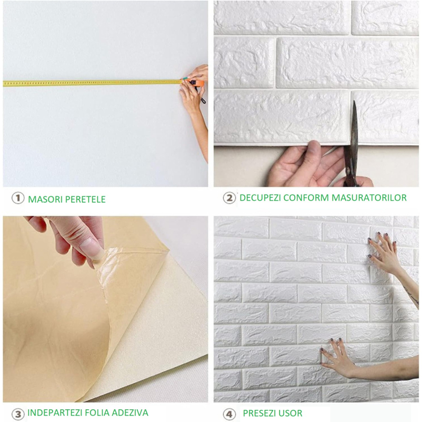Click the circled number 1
pos(18,198)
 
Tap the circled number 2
pos(229,198)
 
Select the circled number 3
pos(18,414)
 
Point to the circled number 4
pos(229,414)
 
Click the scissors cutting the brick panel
pos(351,145)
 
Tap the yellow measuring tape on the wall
pos(90,83)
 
